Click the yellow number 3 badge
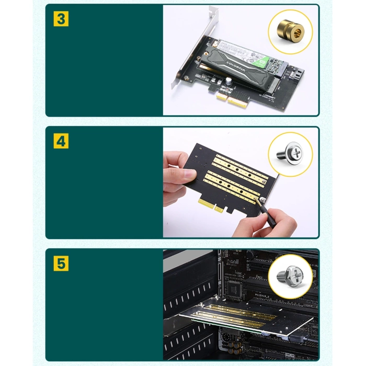click(x=61, y=19)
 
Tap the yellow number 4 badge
click(x=61, y=141)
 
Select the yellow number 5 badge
click(x=61, y=264)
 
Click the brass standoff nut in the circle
click(x=290, y=30)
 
